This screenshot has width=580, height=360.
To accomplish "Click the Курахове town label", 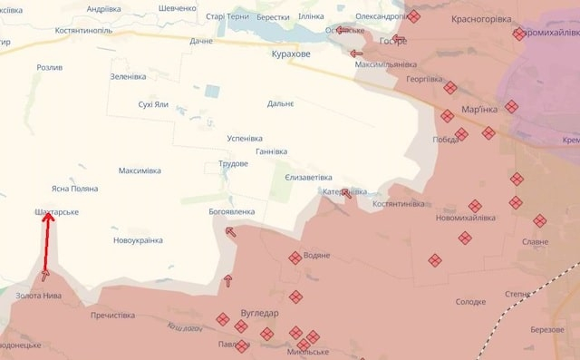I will (x=290, y=54).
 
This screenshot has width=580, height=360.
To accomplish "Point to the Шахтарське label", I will (x=56, y=212).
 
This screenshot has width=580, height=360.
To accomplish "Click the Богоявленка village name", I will (x=231, y=212).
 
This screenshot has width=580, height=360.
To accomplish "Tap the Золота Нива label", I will (x=39, y=296).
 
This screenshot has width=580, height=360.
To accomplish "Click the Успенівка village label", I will (x=246, y=138).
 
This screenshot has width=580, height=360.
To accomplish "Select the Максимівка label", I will (x=140, y=170).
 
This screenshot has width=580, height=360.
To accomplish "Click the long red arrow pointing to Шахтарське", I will (x=47, y=245).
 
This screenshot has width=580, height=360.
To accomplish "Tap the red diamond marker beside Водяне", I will (x=295, y=258).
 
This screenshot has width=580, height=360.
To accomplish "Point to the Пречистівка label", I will (x=113, y=316).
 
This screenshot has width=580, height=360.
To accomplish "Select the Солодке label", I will (x=470, y=302).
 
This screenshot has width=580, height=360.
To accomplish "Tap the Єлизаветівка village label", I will (x=308, y=178).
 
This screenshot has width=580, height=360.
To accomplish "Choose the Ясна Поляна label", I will (x=74, y=189).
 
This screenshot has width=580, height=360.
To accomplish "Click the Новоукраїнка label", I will (x=138, y=240).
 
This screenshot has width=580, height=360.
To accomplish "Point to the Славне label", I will (x=535, y=241).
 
